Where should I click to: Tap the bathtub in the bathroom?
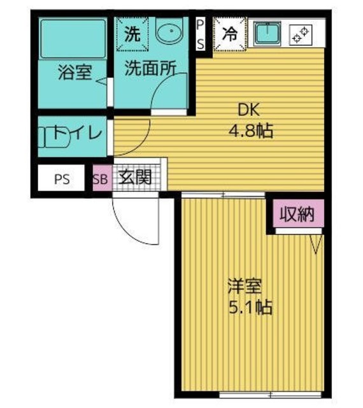73,38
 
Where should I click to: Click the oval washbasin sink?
169,34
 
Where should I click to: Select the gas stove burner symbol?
299,34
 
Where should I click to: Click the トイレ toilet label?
77,135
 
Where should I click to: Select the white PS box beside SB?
62,179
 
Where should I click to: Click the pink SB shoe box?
101,178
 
